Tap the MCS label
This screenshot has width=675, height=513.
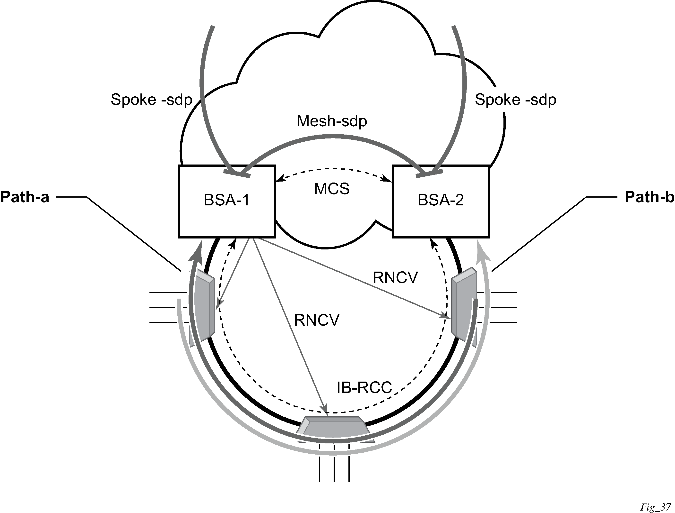click(332, 189)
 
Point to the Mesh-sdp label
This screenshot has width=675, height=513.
click(332, 121)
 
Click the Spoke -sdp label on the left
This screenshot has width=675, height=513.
click(151, 100)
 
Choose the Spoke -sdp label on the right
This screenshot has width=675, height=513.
click(515, 100)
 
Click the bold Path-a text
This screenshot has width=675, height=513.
click(25, 197)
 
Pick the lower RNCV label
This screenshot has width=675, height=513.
click(316, 321)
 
